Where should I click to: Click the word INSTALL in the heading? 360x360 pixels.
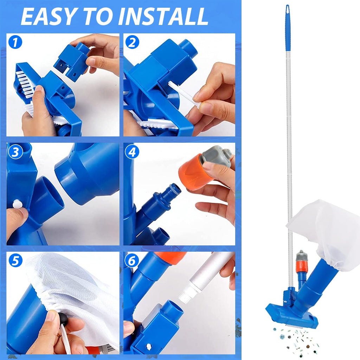[163, 17]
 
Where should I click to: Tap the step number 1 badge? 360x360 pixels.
[15, 42]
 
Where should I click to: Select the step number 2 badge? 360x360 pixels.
[132, 42]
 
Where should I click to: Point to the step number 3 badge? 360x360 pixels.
[15, 152]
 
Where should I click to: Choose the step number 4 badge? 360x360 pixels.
[132, 152]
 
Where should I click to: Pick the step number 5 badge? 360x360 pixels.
[15, 261]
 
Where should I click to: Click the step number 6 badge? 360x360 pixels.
[132, 261]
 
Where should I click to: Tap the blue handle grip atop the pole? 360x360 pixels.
[288, 27]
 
